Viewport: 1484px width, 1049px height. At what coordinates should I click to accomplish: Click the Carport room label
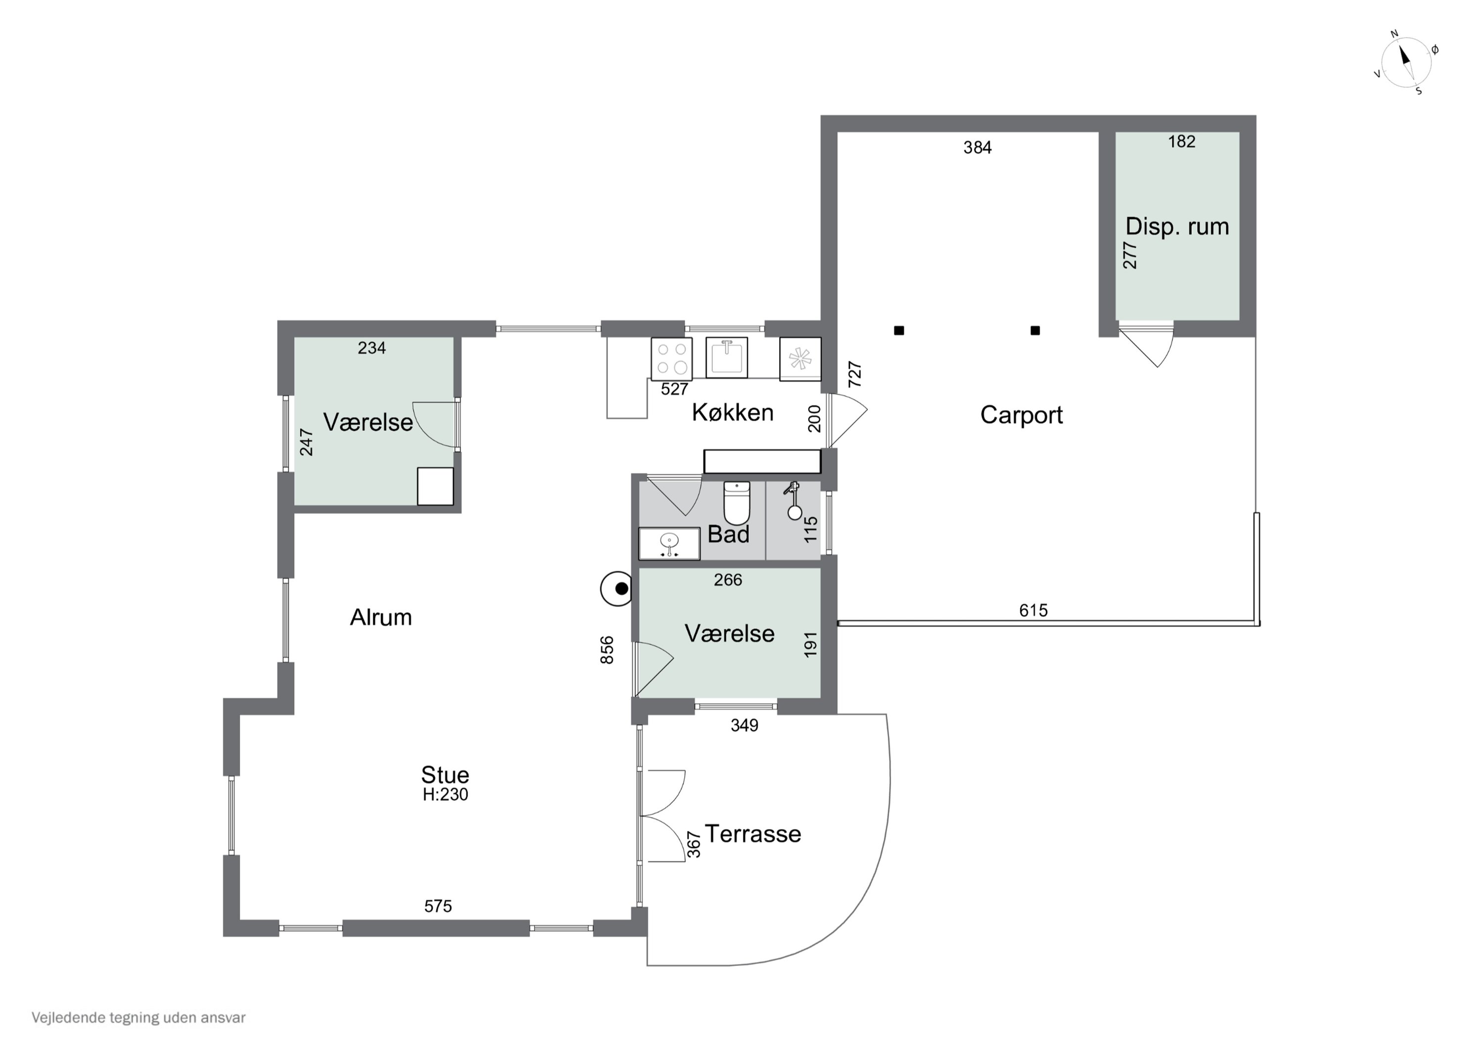pos(1021,415)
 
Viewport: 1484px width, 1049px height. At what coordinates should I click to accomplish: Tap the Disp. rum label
pos(1177,226)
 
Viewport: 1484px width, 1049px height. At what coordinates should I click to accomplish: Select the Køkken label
pos(732,412)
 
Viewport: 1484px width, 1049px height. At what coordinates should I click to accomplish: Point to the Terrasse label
pos(752,834)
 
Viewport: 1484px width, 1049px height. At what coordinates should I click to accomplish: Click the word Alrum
pos(381,617)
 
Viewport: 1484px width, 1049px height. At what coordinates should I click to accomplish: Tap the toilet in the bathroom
pos(736,503)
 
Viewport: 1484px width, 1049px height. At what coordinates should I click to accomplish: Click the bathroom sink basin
pos(669,544)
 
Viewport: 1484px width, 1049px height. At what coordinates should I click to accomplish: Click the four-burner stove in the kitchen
pos(672,358)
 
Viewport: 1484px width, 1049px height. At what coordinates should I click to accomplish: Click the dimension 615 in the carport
pos(1033,610)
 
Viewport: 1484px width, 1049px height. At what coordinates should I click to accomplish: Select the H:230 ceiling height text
pos(445,794)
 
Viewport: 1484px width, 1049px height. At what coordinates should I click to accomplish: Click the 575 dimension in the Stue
pos(438,906)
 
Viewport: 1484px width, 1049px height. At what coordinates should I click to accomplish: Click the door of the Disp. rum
pos(1146,347)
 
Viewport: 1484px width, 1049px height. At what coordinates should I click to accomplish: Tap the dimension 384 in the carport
pos(977,148)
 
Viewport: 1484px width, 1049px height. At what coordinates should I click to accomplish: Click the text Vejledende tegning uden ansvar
pos(139,1017)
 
